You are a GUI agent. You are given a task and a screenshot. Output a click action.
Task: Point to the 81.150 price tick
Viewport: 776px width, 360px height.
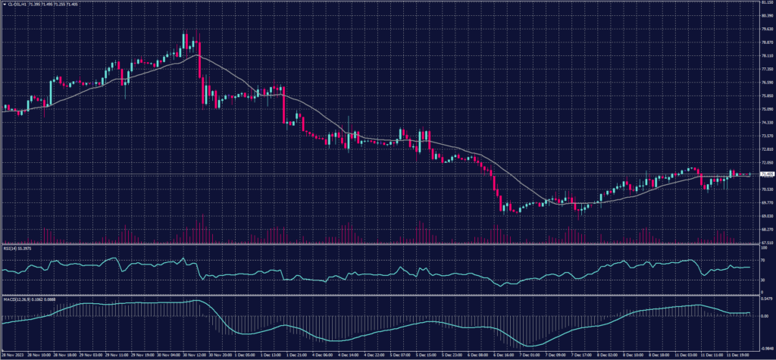(x=765, y=3)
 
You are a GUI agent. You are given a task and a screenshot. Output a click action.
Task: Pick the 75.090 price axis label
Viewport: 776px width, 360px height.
(x=765, y=109)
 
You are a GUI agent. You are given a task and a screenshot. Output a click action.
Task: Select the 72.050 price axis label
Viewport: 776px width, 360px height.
(x=765, y=162)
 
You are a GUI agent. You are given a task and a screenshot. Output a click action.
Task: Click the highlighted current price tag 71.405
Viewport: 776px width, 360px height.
(x=765, y=174)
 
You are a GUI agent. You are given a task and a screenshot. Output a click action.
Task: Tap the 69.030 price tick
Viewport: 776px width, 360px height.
(x=765, y=215)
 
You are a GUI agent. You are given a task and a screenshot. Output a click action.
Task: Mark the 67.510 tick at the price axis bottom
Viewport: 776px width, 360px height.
(x=765, y=243)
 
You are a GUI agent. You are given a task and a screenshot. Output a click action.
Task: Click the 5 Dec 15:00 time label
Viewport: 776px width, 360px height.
(x=419, y=353)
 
